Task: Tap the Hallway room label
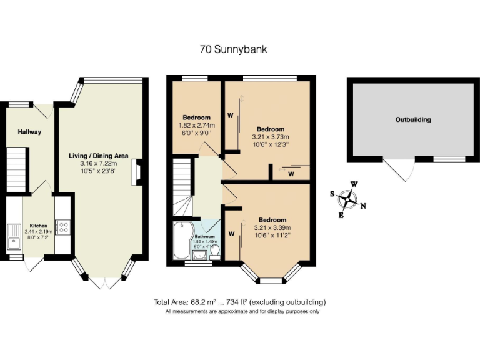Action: tap(29, 132)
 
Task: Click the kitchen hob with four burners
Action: tap(62, 227)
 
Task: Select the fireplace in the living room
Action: tap(135, 172)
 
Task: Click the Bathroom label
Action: tap(204, 237)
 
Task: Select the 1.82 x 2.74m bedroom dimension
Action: tap(196, 125)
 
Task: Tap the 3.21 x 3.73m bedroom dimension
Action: tap(270, 137)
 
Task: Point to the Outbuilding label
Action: tap(413, 119)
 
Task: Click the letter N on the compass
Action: tap(363, 206)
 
